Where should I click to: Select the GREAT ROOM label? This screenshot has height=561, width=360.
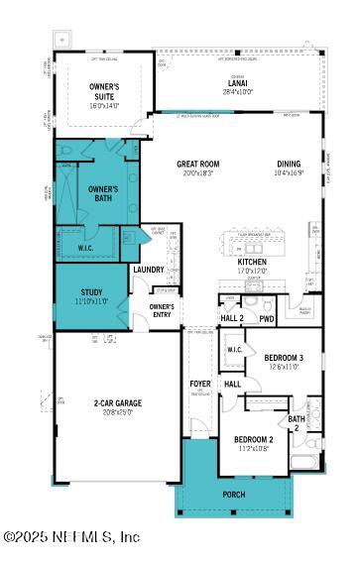pos(197,165)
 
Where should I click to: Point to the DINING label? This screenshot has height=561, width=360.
pos(289,165)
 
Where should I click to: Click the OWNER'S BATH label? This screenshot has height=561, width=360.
pos(103,192)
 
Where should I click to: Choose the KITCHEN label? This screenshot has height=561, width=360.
pos(252,262)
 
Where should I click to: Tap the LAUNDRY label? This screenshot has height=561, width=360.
pos(148,269)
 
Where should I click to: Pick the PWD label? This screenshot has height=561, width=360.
pos(267,319)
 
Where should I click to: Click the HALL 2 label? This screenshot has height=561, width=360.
pos(232,319)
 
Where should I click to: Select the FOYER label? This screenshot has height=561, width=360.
pos(199,383)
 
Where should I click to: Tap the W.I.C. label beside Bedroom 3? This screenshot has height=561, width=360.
pos(234,350)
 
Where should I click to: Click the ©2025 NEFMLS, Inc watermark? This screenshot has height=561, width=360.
pos(71,536)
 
